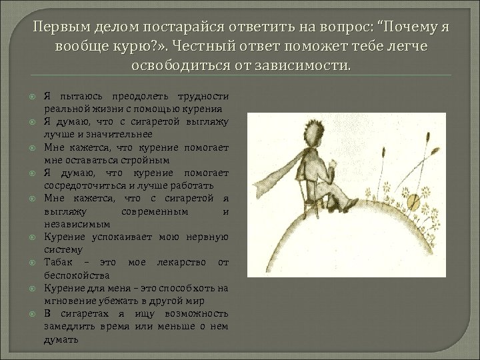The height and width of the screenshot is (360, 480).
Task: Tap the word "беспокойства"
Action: tap(73, 274)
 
